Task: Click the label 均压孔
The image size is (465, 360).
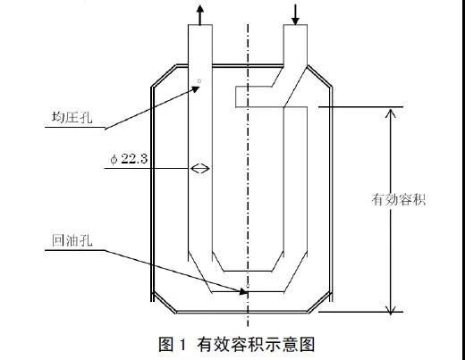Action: (72, 117)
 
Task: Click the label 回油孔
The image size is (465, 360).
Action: (72, 240)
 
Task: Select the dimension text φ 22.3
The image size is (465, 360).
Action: (129, 159)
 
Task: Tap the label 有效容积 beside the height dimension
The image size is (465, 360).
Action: (399, 199)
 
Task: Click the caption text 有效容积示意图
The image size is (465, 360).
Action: (256, 344)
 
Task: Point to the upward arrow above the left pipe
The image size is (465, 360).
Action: (200, 14)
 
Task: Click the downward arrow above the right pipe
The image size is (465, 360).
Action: (295, 15)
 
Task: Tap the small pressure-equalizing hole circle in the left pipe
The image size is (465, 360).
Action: (199, 80)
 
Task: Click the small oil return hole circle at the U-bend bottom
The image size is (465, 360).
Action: (247, 286)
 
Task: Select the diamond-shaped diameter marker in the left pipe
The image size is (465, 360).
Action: (200, 169)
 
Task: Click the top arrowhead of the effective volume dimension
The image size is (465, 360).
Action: (391, 113)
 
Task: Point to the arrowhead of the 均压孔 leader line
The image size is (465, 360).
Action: (196, 88)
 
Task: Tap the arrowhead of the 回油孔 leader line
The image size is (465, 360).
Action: (243, 291)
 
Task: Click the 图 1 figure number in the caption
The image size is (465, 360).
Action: (173, 344)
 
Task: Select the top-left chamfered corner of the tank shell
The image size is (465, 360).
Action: (164, 76)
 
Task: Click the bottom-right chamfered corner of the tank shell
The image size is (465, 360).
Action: (319, 302)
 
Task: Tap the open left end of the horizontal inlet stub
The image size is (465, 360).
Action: (235, 96)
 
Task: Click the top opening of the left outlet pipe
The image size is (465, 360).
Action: (200, 25)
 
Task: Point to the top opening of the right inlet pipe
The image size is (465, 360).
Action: (295, 25)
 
